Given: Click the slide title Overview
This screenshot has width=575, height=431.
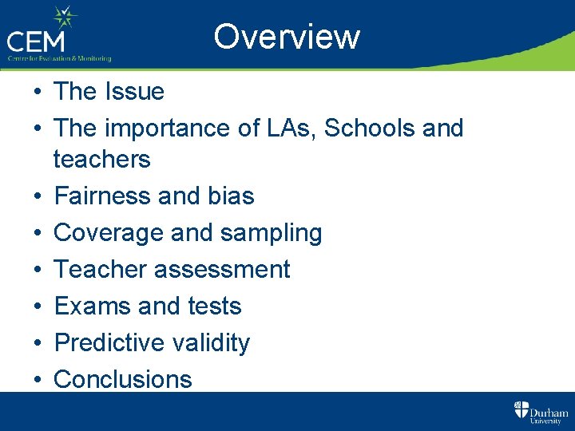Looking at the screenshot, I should click(287, 37).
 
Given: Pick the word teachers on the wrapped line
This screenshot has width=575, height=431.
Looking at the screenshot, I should click(101, 159).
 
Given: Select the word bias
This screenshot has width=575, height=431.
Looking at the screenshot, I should click(232, 196).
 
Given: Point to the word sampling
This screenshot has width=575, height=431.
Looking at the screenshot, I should click(272, 233).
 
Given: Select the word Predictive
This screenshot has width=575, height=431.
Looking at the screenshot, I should click(108, 343).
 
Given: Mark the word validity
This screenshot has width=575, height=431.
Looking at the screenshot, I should click(210, 343).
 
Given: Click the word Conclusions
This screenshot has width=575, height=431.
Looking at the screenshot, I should click(122, 380).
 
